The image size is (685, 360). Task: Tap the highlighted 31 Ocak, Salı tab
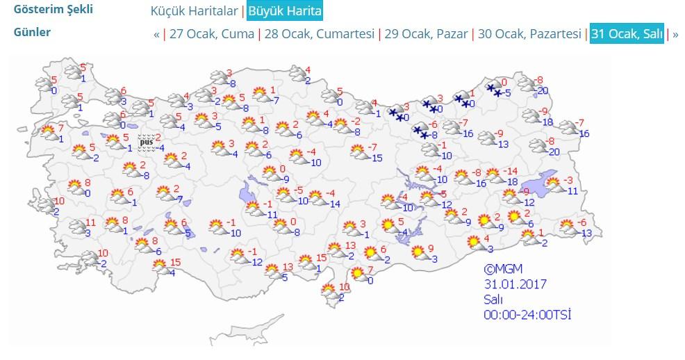[627, 34]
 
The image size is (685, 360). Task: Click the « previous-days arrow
[156, 34]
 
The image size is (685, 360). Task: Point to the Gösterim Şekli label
[53, 10]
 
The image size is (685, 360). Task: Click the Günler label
[32, 33]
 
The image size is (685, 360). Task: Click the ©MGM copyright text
[504, 268]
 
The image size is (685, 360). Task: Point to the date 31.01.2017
[515, 284]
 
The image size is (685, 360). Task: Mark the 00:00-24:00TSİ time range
[528, 315]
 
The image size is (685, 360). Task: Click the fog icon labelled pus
[146, 142]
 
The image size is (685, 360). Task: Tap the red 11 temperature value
[90, 224]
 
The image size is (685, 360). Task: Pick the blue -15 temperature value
[377, 158]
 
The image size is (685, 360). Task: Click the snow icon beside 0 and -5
[494, 89]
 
